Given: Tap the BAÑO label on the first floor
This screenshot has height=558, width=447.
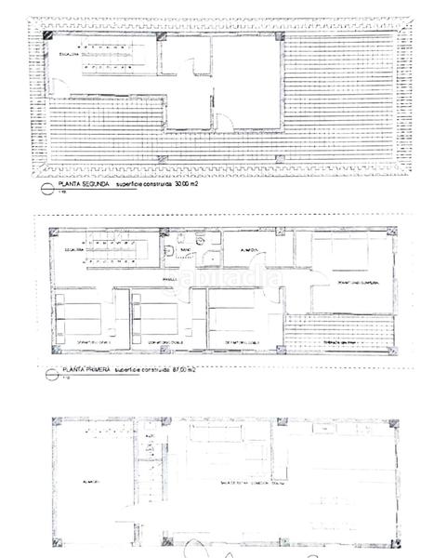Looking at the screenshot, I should click(x=186, y=250).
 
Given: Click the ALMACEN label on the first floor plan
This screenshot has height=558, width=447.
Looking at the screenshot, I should click(x=250, y=250).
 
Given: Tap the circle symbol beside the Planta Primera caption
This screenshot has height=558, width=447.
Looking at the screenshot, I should click(x=47, y=371).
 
